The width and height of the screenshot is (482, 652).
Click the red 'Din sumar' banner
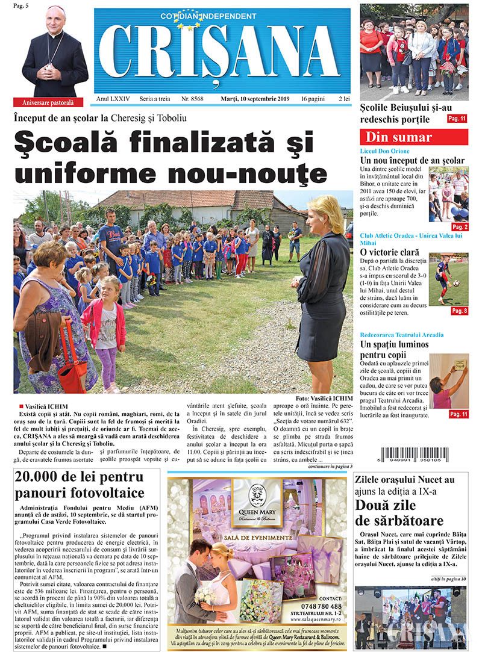pos(415,137)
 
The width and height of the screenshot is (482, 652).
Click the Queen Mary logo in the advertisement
pos(258,498)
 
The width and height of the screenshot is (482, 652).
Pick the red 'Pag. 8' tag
pos(459,311)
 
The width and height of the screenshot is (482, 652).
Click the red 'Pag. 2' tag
pos(459,227)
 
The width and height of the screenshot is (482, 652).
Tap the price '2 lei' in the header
pos(344,98)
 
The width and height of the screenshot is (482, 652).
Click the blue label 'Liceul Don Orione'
pos(384,151)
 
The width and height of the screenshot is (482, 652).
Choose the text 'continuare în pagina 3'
pos(330,466)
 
